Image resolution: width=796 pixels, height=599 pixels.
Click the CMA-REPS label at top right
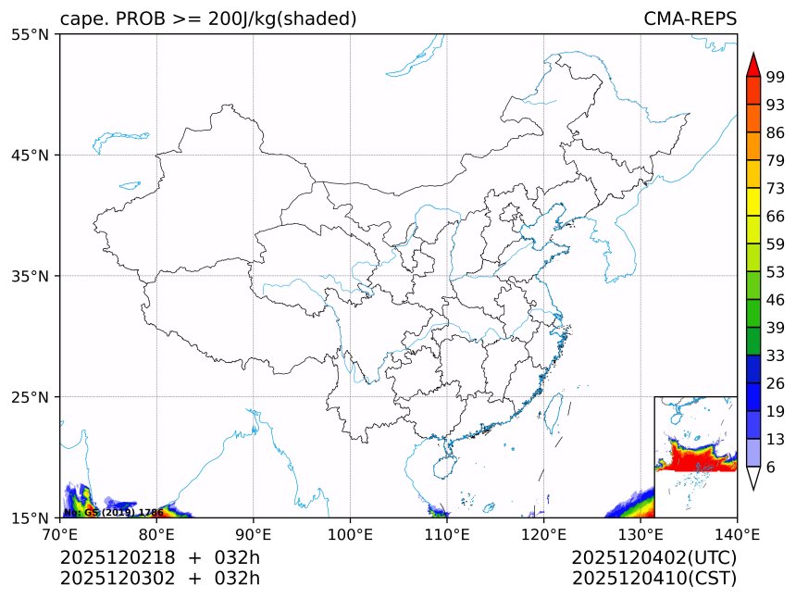[690, 19]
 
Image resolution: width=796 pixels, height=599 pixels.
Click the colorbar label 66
[776, 216]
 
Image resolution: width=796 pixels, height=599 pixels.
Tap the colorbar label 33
[776, 356]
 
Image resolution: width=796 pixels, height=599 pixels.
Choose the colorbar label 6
[771, 467]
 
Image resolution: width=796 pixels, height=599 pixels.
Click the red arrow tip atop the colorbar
[752, 65]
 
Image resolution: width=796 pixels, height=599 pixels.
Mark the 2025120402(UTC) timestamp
[653, 557]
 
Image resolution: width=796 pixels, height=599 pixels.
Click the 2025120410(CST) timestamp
[653, 579]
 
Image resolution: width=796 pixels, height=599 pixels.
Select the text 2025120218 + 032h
[160, 557]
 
